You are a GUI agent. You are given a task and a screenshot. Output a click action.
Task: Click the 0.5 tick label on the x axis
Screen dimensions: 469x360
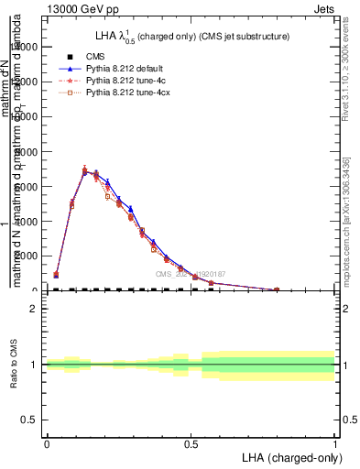click(191, 442)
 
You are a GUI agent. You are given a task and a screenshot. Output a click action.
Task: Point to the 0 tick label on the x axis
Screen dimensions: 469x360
click(47, 442)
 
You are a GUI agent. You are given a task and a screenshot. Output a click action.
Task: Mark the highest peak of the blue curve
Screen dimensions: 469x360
click(85, 172)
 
